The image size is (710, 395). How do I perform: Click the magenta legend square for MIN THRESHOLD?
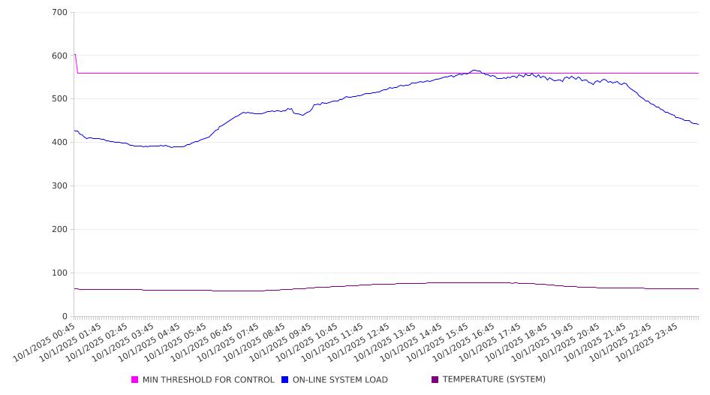coord(135,380)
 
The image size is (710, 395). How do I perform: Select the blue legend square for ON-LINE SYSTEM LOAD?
coord(285,380)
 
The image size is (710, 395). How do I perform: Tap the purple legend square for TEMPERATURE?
coord(435,380)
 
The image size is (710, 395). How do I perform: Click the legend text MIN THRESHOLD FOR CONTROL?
coord(208,380)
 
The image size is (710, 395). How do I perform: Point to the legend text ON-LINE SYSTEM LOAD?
coord(340,380)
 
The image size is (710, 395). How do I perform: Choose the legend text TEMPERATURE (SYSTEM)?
coord(494,380)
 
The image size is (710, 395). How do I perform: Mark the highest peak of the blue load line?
coord(474,70)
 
